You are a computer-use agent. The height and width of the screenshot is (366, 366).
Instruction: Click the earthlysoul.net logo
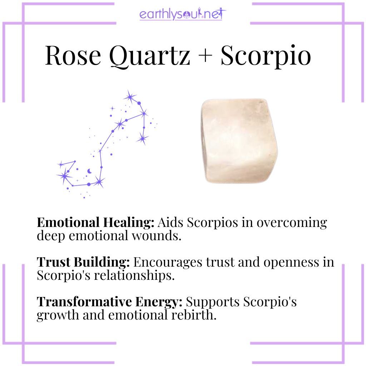coord(183,15)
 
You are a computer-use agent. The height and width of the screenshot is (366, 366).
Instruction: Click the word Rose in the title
coord(73,56)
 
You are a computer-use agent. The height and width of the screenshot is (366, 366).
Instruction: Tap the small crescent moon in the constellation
coord(89,171)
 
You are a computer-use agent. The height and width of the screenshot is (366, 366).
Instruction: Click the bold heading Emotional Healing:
coord(95,223)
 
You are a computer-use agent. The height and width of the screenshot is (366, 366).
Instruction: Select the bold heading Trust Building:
coord(83,263)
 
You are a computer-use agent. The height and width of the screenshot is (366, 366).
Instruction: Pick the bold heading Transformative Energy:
coord(110,302)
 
